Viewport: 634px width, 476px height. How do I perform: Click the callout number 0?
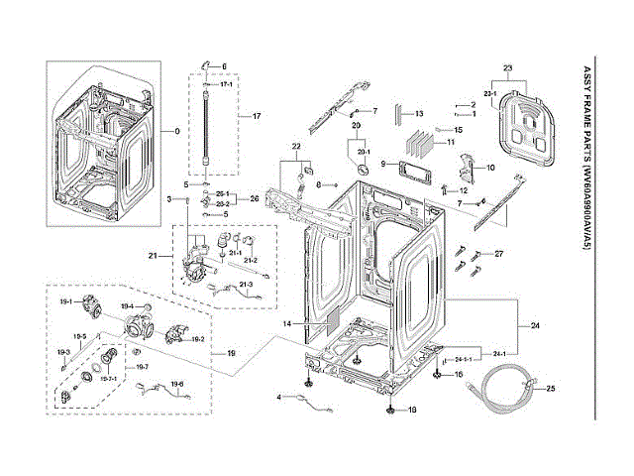[177, 131]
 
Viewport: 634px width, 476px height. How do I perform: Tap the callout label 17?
[257, 117]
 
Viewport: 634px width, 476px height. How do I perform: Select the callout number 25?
[551, 388]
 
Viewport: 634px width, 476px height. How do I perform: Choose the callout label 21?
[154, 256]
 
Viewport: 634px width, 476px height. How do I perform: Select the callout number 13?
[419, 114]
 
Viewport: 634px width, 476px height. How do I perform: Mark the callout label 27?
[499, 255]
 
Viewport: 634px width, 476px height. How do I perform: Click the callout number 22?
[295, 147]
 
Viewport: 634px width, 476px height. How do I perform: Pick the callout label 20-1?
[363, 151]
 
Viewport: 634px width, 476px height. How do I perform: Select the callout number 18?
[413, 410]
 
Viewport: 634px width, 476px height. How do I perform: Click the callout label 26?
[254, 198]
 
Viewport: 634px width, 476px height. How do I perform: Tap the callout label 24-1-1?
[463, 359]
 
